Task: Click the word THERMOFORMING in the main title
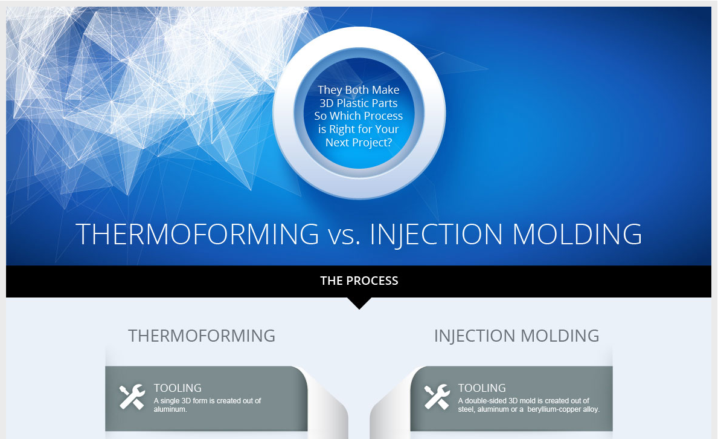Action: (197, 234)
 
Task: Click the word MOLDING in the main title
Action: (577, 234)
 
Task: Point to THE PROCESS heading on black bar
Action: (359, 281)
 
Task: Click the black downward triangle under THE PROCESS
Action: (359, 303)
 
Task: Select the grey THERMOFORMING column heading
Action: (202, 336)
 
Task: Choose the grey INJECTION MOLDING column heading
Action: (516, 336)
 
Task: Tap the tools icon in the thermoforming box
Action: (132, 397)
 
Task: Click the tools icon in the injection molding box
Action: (437, 397)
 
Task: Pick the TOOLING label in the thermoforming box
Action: (178, 388)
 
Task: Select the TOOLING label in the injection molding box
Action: (482, 388)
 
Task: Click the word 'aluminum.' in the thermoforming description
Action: (170, 409)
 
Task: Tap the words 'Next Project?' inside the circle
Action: (359, 143)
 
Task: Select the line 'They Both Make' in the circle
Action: (359, 90)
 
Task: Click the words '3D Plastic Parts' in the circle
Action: (359, 103)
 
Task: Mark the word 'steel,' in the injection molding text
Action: (467, 409)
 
